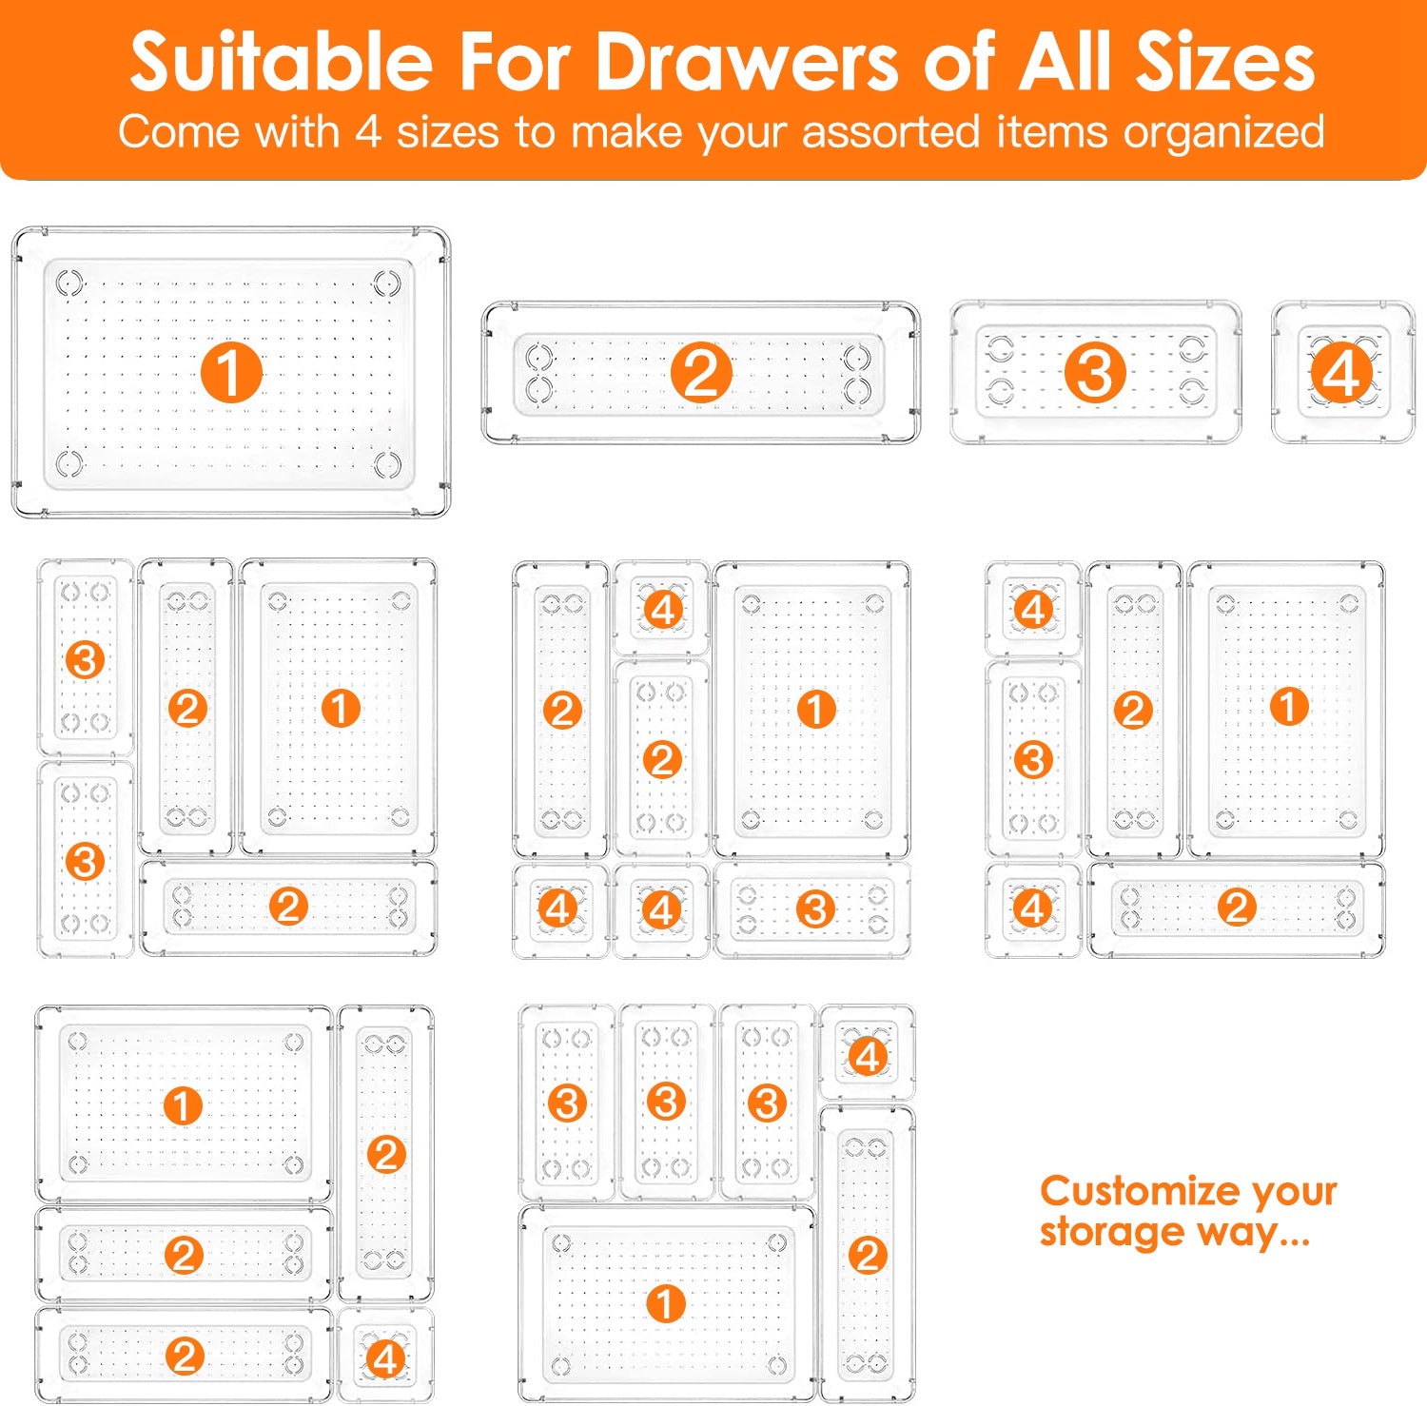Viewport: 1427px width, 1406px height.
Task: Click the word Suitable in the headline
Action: click(x=282, y=63)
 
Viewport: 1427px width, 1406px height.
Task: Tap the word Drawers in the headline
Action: click(x=748, y=63)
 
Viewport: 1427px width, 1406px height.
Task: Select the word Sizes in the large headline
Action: click(x=1226, y=63)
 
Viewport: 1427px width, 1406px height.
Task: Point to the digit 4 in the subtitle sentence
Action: click(x=369, y=131)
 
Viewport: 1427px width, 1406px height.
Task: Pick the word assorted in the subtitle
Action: click(x=890, y=131)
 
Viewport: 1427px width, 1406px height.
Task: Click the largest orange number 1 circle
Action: click(x=231, y=372)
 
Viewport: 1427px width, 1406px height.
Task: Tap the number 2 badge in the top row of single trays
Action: click(x=701, y=372)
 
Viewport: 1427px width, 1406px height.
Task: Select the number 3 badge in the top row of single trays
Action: click(x=1095, y=372)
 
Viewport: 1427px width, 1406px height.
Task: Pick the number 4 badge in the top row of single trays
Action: click(x=1341, y=372)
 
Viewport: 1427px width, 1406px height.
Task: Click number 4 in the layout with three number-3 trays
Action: click(x=867, y=1056)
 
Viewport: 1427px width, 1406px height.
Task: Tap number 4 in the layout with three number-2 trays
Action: click(x=384, y=1358)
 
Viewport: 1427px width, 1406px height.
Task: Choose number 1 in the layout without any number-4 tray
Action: click(x=340, y=709)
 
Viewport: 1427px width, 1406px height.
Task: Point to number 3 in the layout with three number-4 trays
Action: click(x=814, y=909)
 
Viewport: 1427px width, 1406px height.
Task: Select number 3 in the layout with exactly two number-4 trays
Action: click(x=1033, y=759)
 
